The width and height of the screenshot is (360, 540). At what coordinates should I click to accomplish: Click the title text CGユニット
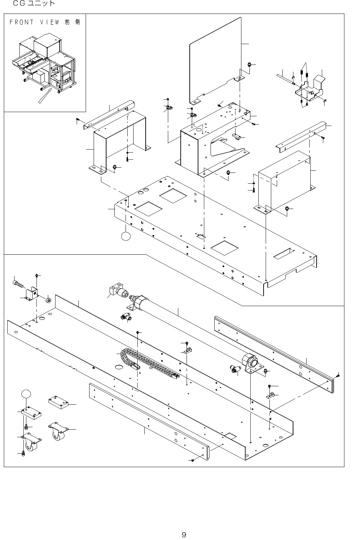click(34, 4)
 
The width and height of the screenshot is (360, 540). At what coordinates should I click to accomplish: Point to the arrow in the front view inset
click(45, 96)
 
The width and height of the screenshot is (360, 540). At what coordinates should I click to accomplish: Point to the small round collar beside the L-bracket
click(48, 299)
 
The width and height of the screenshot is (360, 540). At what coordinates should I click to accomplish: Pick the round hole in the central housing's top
click(199, 129)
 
